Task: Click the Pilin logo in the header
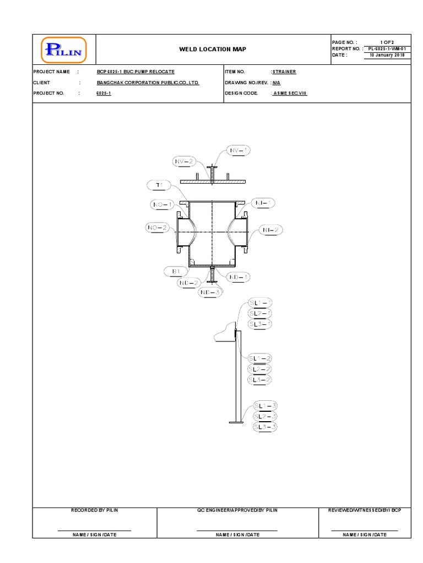64,50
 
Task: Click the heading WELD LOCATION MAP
213,49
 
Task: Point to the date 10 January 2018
387,55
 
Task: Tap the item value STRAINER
284,72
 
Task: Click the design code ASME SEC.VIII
290,93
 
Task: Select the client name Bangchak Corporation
148,82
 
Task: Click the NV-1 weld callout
238,151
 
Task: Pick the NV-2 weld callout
184,162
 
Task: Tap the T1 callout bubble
159,185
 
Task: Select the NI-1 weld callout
263,203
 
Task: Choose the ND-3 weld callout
210,292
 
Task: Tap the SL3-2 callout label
260,380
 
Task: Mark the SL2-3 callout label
265,416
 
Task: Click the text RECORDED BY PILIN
95,510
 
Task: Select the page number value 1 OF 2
387,42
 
